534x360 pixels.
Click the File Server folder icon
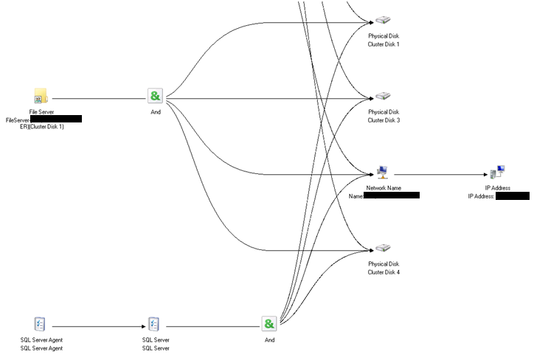(41, 97)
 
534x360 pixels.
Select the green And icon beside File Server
(155, 97)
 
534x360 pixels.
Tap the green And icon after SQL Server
(269, 324)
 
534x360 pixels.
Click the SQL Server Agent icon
(41, 324)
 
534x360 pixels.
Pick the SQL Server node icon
(155, 324)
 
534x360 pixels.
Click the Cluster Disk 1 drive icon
(383, 21)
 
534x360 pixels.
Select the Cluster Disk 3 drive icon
(383, 97)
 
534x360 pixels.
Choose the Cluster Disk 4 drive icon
(383, 248)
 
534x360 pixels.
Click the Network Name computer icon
(383, 173)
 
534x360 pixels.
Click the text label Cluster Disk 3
(384, 120)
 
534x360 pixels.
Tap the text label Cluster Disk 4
(384, 272)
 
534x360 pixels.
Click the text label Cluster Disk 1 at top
(384, 44)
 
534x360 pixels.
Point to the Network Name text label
(384, 188)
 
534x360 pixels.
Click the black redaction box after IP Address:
(513, 196)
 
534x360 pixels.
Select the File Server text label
(41, 111)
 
